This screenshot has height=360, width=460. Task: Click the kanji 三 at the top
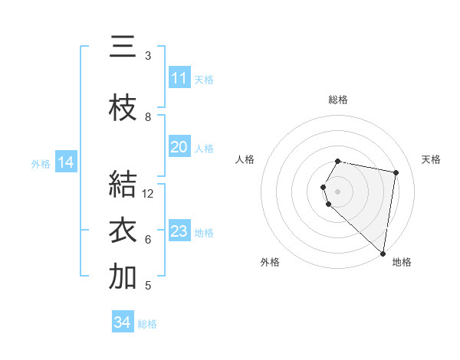(123, 47)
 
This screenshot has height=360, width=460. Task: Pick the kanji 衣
(123, 231)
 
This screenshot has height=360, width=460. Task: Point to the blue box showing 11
(179, 78)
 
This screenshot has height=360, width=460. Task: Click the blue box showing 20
(179, 147)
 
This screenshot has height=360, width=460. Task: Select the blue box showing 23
(179, 231)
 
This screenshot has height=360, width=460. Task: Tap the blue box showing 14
(66, 162)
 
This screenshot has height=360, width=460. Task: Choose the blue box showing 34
(122, 322)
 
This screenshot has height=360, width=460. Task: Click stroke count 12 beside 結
(148, 194)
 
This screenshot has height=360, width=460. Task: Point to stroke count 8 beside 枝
(148, 117)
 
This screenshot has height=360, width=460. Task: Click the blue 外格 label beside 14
(41, 163)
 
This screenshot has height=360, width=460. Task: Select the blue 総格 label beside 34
(147, 324)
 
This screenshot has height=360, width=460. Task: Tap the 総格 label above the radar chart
(338, 100)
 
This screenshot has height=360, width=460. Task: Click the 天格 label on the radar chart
(431, 159)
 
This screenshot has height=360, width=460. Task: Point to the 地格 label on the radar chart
(402, 262)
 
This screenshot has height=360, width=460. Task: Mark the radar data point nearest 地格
(383, 253)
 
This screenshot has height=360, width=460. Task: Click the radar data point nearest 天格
(396, 172)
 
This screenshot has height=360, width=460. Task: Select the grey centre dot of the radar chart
(338, 191)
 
